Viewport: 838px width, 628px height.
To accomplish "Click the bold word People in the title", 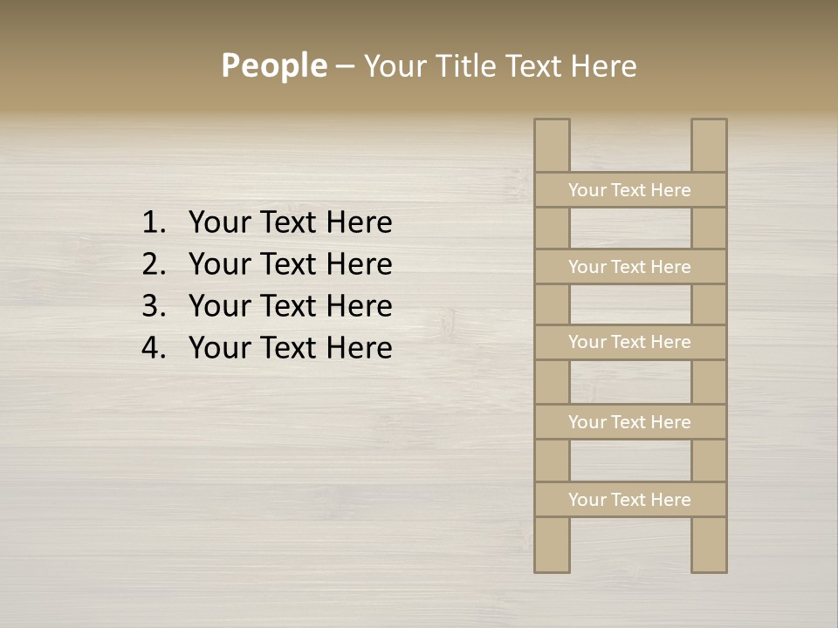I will [x=273, y=65].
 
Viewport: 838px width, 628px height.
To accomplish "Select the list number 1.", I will [x=153, y=223].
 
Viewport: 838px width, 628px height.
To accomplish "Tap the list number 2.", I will [x=153, y=264].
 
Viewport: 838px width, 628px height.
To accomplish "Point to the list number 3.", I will [x=153, y=306].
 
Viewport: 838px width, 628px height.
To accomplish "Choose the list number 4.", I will [x=153, y=348].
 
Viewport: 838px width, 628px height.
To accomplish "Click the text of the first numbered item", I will [x=290, y=223].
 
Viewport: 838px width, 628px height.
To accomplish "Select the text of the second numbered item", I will [x=290, y=264].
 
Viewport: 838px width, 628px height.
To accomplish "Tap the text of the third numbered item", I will [x=290, y=306].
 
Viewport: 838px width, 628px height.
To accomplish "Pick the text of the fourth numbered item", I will [x=290, y=348].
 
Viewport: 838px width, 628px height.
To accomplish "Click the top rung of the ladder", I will [x=629, y=190].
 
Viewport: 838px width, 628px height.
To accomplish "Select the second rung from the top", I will [x=629, y=267].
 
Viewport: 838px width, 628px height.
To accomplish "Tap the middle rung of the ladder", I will [x=629, y=343].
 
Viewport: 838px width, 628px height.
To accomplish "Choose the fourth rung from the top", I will [x=629, y=422].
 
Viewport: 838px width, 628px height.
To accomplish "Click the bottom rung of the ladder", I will [x=629, y=500].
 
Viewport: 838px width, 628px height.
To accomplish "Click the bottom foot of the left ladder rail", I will [x=552, y=564].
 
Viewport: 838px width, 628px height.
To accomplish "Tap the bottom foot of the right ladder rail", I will [x=709, y=564].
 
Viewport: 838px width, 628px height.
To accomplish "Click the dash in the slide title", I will [x=344, y=67].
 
